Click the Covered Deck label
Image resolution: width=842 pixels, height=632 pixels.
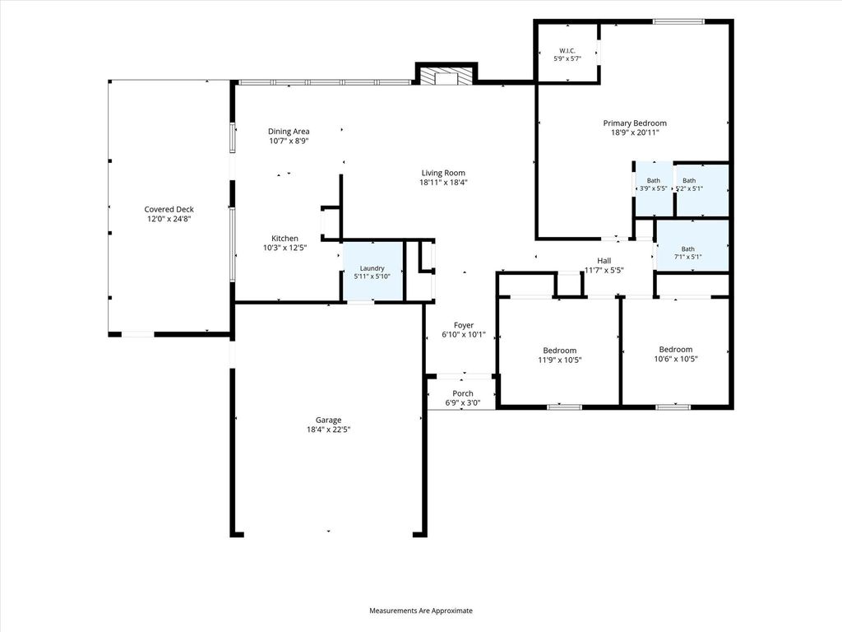(169, 209)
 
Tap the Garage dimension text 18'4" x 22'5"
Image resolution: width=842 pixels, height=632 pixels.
(328, 430)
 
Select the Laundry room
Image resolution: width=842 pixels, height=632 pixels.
(372, 272)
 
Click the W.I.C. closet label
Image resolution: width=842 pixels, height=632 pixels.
(567, 50)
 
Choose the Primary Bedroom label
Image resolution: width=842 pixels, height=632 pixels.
(635, 123)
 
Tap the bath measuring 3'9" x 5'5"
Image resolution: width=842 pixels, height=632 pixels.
(654, 188)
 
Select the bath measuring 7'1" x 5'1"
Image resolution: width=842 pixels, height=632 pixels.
(692, 246)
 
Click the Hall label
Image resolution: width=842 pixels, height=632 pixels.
(604, 261)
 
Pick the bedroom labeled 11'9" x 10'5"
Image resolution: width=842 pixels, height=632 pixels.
(559, 351)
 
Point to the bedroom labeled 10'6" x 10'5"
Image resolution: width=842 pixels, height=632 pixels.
(676, 351)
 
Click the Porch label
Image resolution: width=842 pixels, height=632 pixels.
(462, 393)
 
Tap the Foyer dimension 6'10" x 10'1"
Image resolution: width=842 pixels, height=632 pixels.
(464, 334)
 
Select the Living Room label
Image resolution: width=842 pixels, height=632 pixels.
(443, 173)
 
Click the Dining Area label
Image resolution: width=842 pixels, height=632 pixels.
(289, 131)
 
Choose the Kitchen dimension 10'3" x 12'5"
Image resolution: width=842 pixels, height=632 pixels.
(285, 248)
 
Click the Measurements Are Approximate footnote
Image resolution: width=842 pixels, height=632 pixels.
(421, 611)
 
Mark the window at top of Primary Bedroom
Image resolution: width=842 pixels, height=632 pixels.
(678, 21)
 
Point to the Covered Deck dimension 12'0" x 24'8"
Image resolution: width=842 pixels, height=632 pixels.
(169, 219)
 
